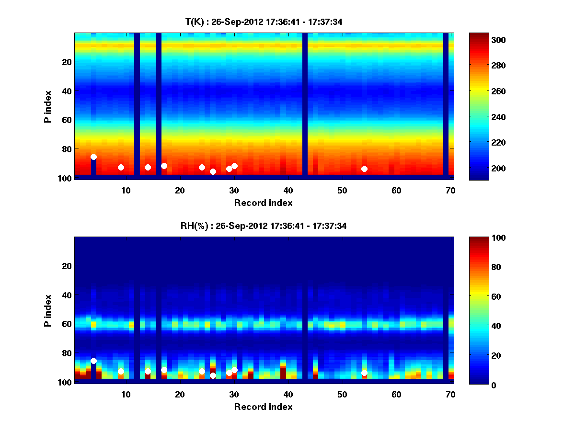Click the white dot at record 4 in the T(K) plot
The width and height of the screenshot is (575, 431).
pyautogui.click(x=93, y=157)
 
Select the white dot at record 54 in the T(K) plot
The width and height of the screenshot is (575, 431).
pyautogui.click(x=364, y=169)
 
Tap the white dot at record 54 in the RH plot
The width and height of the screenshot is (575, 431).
pyautogui.click(x=364, y=373)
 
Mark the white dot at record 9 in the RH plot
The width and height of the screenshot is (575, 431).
pyautogui.click(x=121, y=371)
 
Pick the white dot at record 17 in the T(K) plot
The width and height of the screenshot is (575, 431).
pyautogui.click(x=164, y=166)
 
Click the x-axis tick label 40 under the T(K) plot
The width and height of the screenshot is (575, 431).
pyautogui.click(x=288, y=190)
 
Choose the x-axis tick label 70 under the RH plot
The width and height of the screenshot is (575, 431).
pyautogui.click(x=450, y=394)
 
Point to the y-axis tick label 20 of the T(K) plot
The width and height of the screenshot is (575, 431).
pyautogui.click(x=66, y=62)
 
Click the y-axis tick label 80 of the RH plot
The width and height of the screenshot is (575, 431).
pyautogui.click(x=66, y=353)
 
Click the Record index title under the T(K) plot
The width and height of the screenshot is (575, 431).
pyautogui.click(x=263, y=203)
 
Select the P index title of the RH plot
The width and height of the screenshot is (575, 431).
pyautogui.click(x=47, y=310)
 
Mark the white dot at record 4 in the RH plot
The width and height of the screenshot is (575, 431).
pyautogui.click(x=93, y=361)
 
